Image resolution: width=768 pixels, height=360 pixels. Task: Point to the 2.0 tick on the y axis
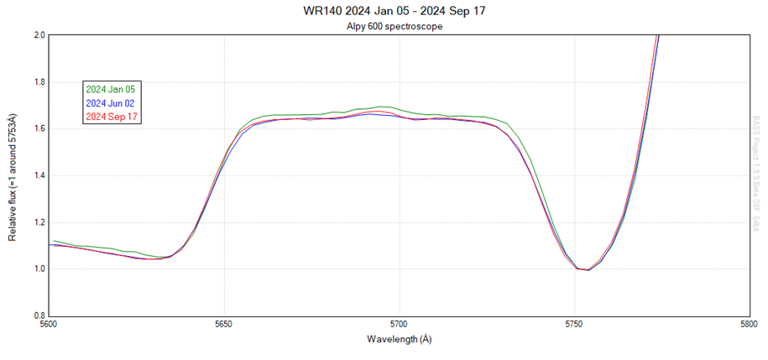click(39, 35)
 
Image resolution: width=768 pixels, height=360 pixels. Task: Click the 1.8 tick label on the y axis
click(39, 82)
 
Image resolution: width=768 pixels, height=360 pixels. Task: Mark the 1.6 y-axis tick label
click(39, 128)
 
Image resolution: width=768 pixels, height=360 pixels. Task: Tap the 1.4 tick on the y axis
click(39, 175)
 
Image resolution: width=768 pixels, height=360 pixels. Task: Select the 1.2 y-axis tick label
click(39, 222)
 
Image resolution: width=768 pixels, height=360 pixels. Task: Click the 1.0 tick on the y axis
click(39, 269)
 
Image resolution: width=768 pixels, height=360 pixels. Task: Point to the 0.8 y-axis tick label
click(39, 316)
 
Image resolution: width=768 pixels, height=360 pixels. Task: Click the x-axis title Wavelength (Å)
click(400, 340)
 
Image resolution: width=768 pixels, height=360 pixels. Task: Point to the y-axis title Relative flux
click(13, 175)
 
